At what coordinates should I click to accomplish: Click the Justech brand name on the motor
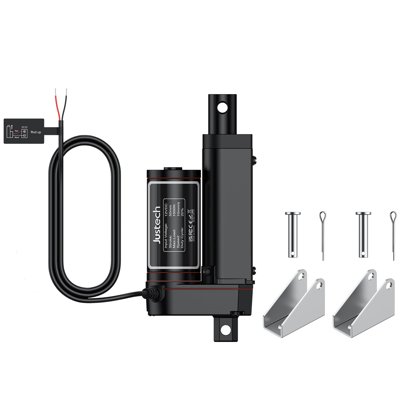pos(157,225)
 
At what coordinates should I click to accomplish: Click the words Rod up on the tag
pos(36,132)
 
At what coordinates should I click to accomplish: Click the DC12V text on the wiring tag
pos(24,127)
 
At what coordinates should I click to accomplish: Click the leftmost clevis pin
pos(292,234)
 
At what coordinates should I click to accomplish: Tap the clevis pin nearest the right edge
pos(363,234)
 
